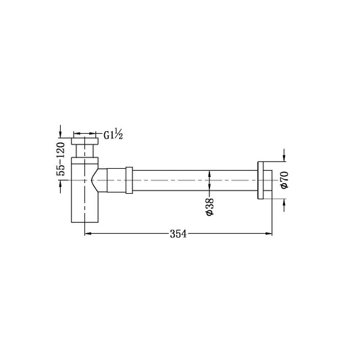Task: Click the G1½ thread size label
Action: [113, 135]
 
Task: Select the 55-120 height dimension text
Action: [60, 159]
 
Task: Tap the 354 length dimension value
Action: [176, 234]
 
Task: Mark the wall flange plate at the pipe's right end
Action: [261, 181]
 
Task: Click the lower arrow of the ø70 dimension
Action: [284, 203]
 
